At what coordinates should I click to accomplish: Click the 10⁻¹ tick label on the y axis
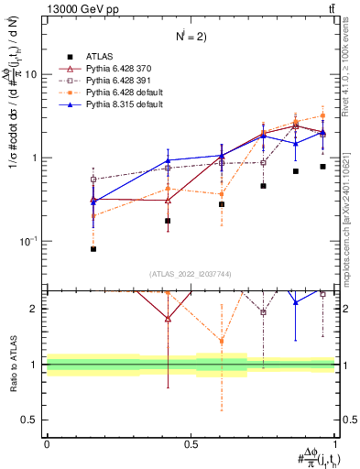[30, 241]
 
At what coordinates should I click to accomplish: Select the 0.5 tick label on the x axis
[191, 443]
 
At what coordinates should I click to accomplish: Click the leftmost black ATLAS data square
[93, 248]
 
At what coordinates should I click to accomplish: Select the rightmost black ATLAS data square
[322, 167]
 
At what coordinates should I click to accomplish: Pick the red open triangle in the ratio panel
[167, 319]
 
